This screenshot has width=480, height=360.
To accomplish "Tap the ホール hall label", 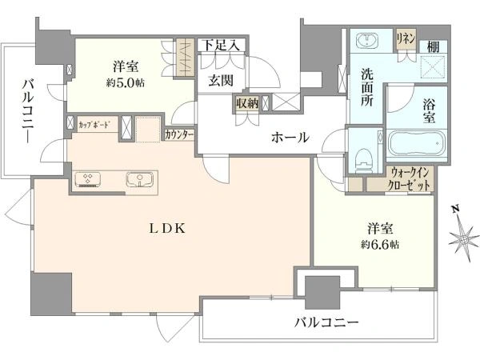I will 290,138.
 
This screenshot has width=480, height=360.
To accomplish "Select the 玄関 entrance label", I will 222,79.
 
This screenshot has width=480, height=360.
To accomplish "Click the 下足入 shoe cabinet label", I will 220,45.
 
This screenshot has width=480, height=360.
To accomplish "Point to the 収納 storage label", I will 246,102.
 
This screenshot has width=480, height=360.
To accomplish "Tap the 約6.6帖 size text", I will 375,242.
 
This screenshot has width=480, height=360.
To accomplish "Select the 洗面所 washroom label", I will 367,86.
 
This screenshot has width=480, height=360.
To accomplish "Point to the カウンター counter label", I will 179,135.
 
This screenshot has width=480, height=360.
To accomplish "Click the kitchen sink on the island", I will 138,178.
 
